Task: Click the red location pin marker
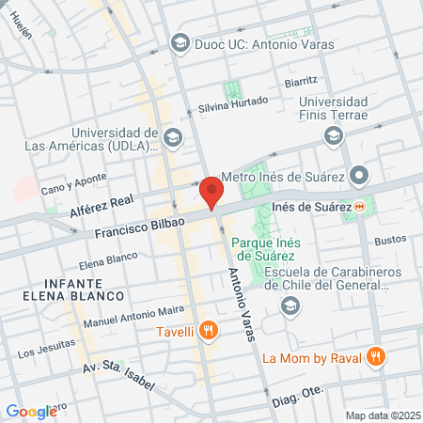[211, 191]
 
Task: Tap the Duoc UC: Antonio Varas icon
[180, 43]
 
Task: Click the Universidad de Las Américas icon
[172, 138]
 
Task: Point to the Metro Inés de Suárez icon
[358, 176]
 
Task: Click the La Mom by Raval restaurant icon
[375, 356]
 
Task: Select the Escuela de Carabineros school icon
[291, 305]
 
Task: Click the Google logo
[31, 411]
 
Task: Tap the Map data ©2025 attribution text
[381, 415]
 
